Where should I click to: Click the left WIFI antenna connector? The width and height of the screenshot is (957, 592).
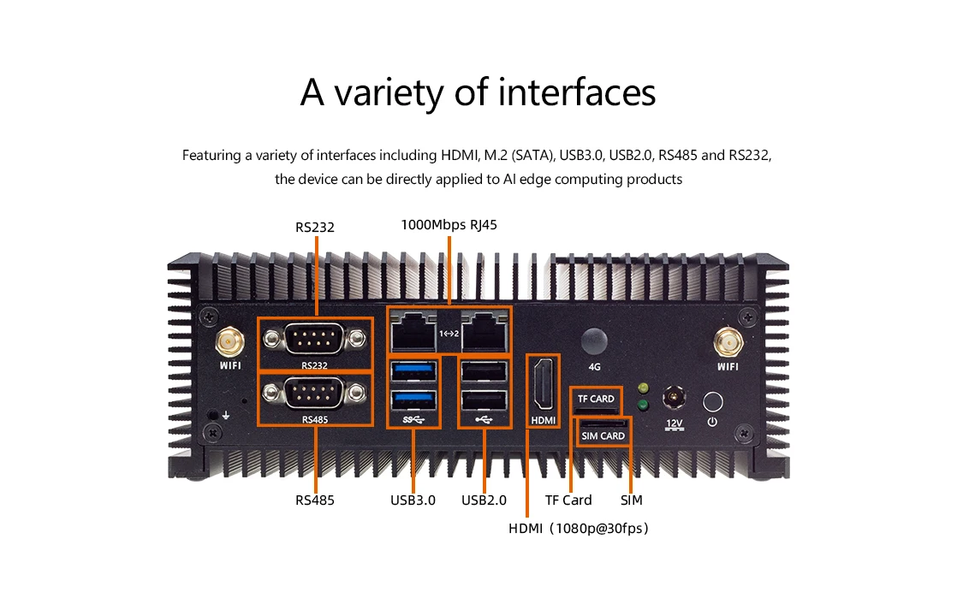click(229, 343)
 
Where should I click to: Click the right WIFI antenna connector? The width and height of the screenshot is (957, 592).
click(728, 343)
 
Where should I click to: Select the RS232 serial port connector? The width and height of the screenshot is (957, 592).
click(314, 339)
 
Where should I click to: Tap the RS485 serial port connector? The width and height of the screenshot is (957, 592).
click(314, 394)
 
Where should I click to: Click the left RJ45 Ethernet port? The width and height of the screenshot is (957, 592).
click(413, 331)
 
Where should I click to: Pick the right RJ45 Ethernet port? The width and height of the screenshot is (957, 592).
click(484, 331)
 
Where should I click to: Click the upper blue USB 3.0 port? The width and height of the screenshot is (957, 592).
click(414, 370)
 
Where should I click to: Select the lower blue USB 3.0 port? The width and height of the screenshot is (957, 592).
click(414, 400)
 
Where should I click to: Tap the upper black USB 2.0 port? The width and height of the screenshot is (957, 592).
click(484, 370)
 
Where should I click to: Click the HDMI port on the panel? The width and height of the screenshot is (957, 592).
click(544, 384)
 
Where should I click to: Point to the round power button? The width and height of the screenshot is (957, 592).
click(712, 402)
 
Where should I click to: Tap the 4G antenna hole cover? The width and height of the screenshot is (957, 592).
click(594, 341)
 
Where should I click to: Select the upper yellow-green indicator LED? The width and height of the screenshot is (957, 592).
click(643, 388)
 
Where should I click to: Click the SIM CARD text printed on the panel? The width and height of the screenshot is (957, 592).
click(603, 436)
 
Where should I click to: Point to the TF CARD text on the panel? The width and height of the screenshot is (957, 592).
click(596, 399)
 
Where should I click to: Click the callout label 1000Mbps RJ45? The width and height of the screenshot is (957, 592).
click(449, 225)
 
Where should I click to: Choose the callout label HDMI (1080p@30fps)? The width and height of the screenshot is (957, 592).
click(579, 528)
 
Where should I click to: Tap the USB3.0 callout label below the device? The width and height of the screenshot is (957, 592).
click(413, 500)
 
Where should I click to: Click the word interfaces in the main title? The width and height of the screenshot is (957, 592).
click(577, 92)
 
